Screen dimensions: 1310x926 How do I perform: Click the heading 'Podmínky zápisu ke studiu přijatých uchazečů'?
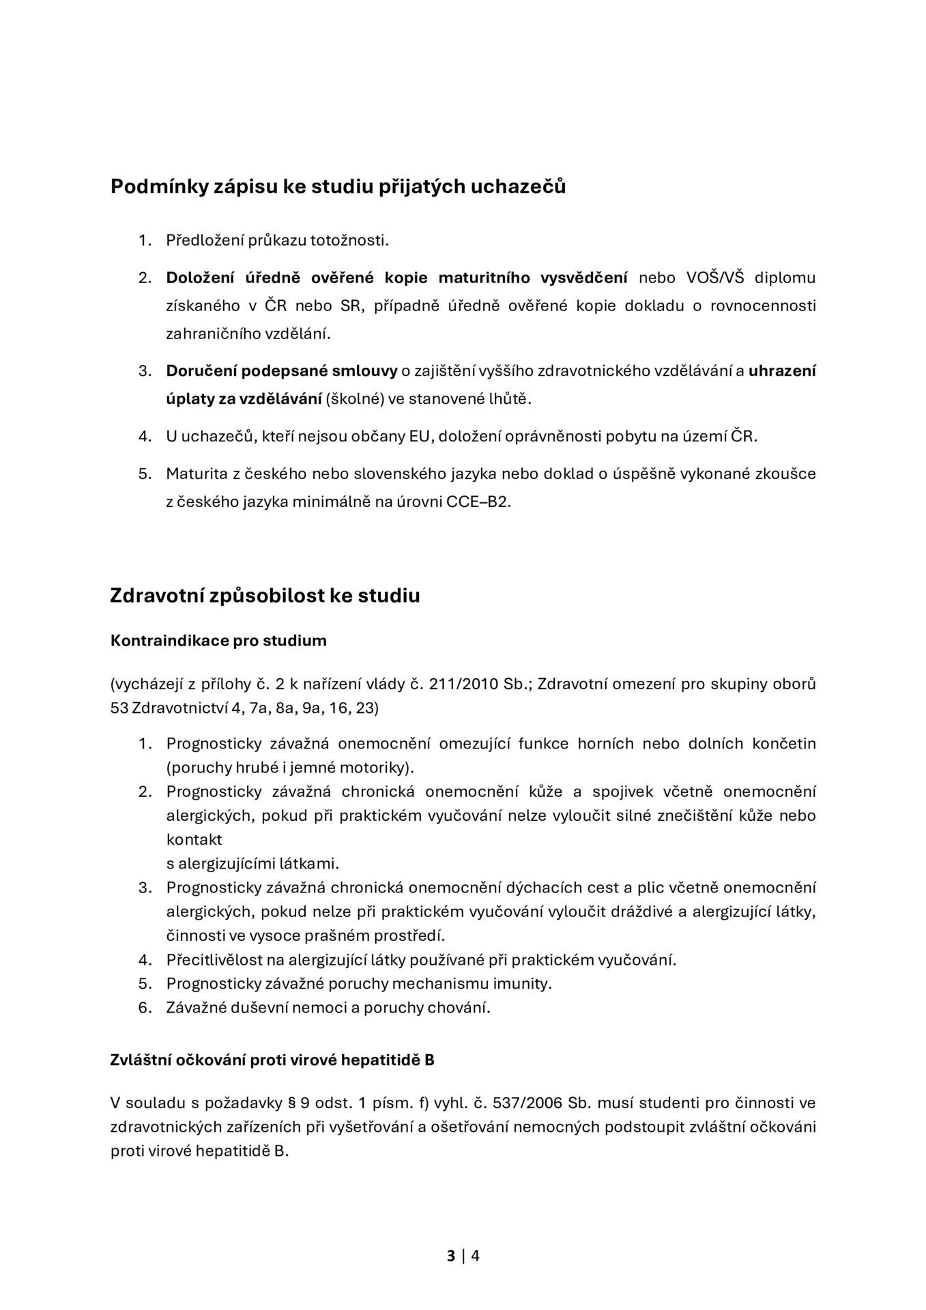click(338, 186)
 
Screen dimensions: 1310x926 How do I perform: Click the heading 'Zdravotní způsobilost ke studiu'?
click(265, 596)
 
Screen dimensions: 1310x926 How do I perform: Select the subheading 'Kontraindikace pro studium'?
click(218, 641)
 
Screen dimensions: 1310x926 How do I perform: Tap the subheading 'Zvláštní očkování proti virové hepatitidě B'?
click(272, 1060)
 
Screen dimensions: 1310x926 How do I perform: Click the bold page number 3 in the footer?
click(451, 1255)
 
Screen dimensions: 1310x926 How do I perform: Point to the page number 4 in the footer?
click(475, 1255)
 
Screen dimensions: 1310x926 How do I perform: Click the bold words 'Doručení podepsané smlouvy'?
click(281, 371)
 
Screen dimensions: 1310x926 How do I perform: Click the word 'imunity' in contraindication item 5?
click(525, 984)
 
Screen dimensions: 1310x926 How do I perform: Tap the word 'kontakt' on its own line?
click(194, 840)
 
